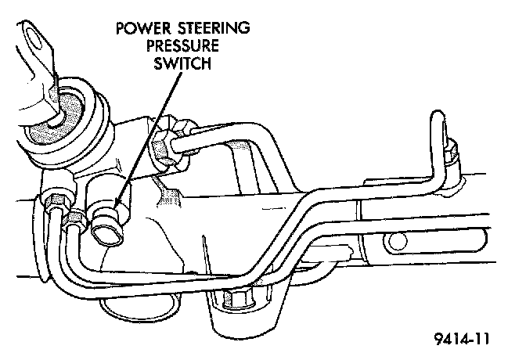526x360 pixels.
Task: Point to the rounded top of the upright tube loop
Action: [x=439, y=119]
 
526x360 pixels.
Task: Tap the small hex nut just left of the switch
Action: [x=75, y=219]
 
